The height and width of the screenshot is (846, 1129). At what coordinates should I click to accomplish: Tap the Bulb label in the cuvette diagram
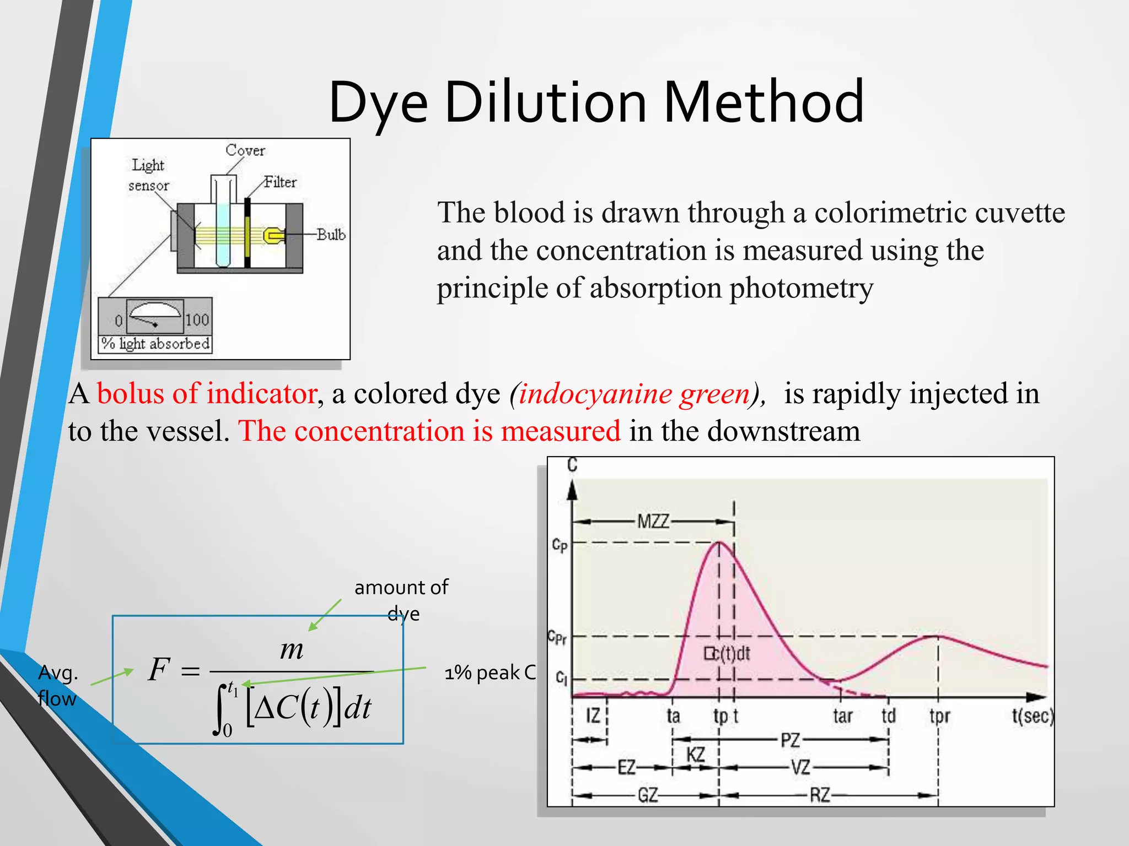[x=331, y=235]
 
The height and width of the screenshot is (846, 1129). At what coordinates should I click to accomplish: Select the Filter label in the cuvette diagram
[x=280, y=182]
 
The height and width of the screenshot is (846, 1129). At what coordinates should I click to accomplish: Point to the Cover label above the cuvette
[x=245, y=150]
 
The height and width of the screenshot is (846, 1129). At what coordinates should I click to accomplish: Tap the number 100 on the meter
[x=197, y=320]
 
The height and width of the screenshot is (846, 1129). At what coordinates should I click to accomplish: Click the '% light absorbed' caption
[x=155, y=344]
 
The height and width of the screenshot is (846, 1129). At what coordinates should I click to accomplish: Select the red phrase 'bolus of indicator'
[x=207, y=393]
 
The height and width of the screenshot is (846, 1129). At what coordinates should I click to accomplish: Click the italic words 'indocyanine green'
[x=634, y=393]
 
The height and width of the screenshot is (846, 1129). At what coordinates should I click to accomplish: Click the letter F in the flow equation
[x=159, y=670]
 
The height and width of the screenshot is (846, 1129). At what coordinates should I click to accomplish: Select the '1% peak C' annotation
[x=490, y=673]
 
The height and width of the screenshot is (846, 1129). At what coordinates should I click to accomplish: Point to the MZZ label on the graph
[x=653, y=521]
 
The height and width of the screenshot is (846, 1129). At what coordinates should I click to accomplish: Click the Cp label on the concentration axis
[x=560, y=545]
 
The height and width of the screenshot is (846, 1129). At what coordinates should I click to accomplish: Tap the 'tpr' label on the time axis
[x=940, y=716]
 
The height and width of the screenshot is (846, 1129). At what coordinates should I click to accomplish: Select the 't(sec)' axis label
[x=1033, y=715]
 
